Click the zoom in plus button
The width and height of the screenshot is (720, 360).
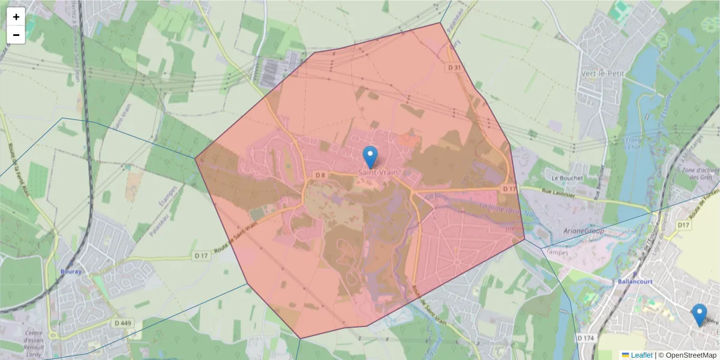[x=16, y=17]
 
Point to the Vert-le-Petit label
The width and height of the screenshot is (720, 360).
[x=602, y=73]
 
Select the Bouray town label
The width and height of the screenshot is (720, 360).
[x=71, y=271]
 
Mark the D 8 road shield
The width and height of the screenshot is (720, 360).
[x=320, y=175]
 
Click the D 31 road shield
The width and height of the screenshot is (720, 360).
[x=454, y=68]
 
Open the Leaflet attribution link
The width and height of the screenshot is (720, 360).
[x=641, y=355]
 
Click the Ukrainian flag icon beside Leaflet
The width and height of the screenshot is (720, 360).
[x=625, y=355]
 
